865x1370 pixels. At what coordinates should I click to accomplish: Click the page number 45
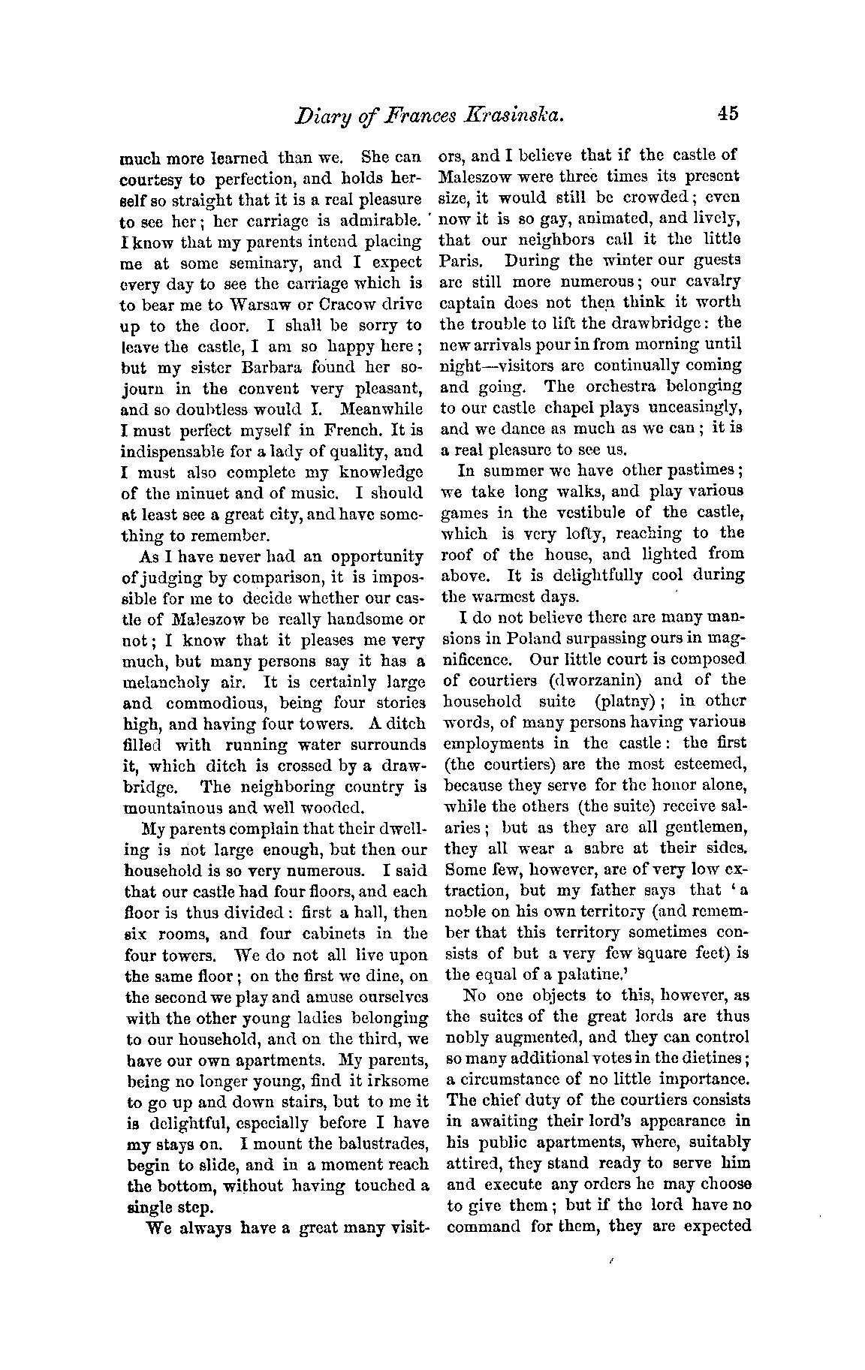[x=727, y=113]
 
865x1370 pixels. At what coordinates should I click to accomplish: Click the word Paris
[x=462, y=260]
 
